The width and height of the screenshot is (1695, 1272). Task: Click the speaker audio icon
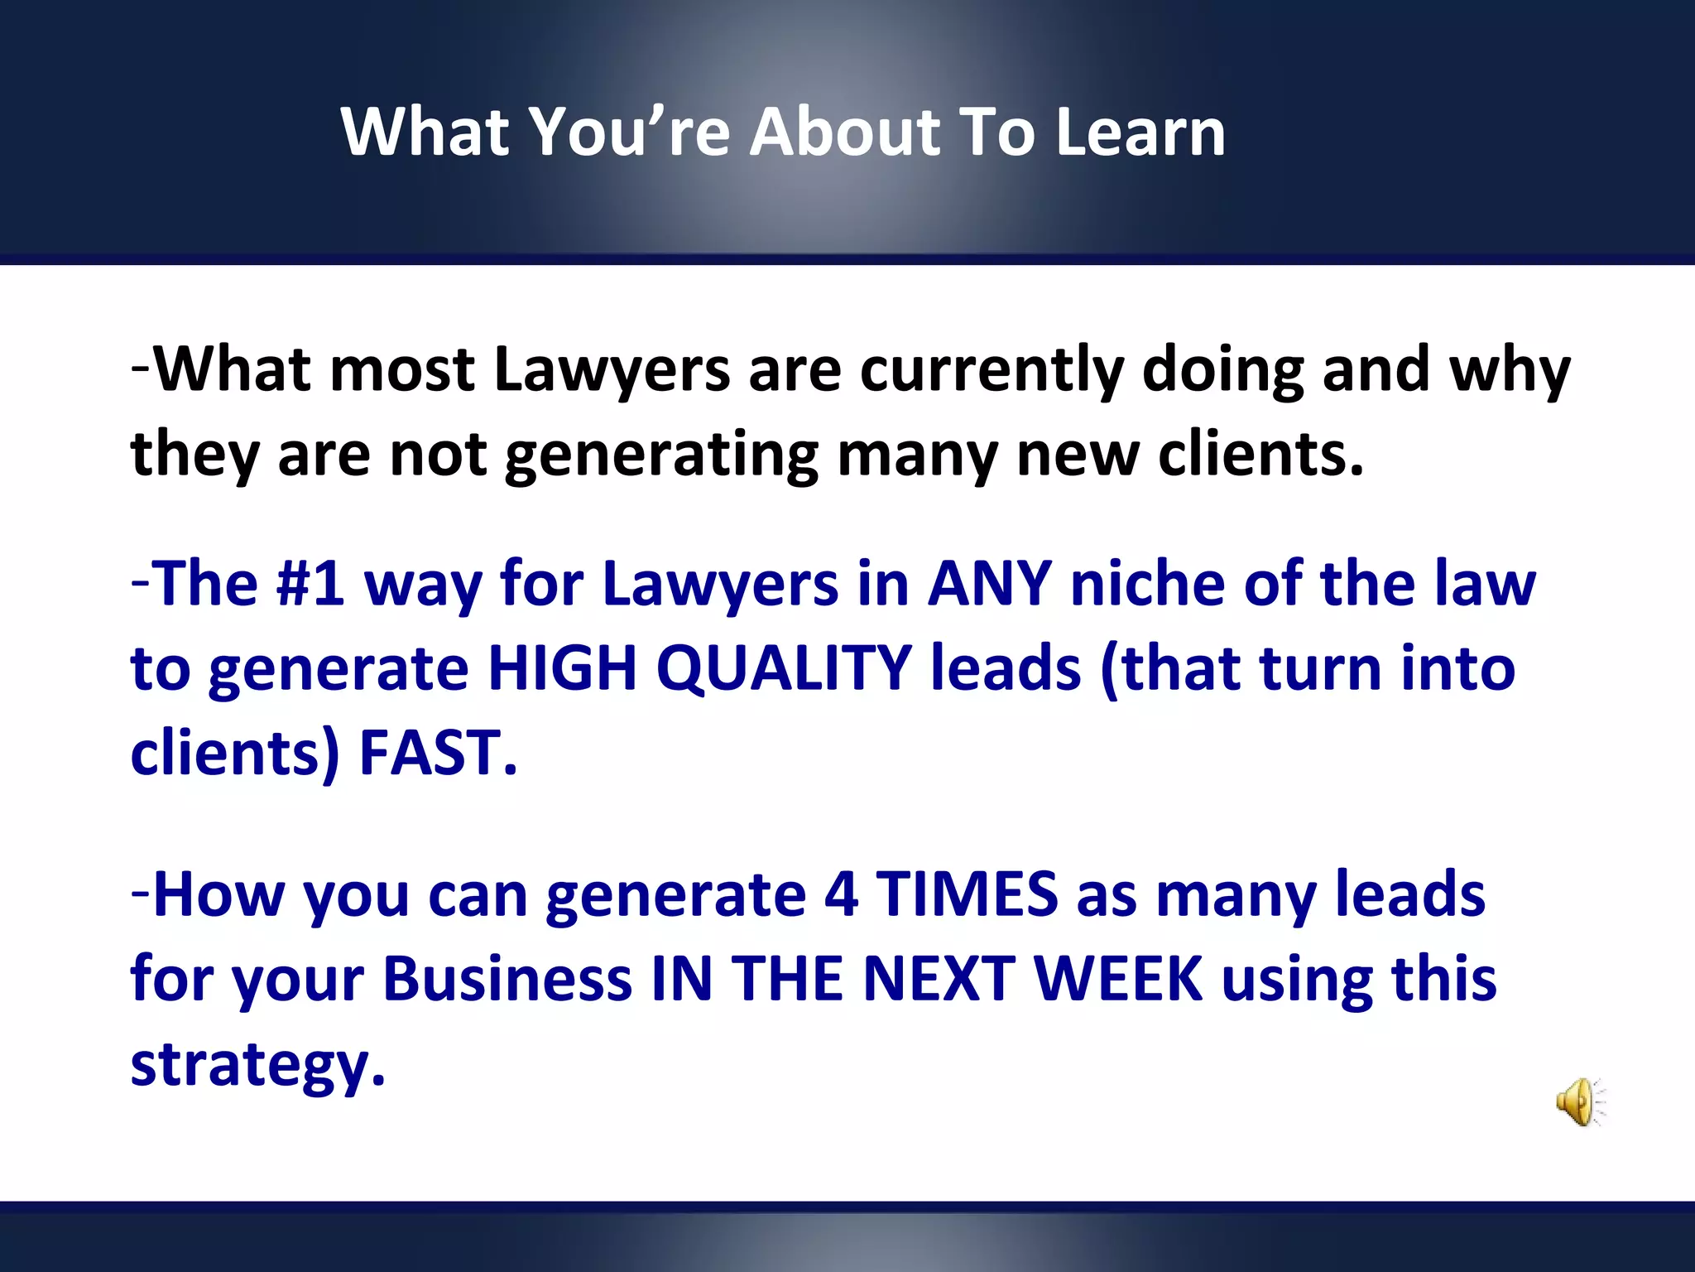click(x=1579, y=1101)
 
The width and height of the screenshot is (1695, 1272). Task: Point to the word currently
click(x=992, y=370)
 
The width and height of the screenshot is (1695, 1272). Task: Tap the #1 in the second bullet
click(x=310, y=584)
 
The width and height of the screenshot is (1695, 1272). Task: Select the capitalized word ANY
click(x=989, y=584)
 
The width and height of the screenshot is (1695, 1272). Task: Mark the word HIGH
click(x=562, y=668)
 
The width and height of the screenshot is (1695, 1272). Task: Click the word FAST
click(x=437, y=753)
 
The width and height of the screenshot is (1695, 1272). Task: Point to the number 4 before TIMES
click(x=840, y=895)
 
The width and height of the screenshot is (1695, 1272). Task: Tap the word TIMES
click(x=967, y=895)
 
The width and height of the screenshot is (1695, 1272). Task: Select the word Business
click(x=507, y=980)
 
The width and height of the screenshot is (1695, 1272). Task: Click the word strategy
click(x=257, y=1066)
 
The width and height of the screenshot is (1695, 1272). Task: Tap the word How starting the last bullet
click(x=219, y=895)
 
